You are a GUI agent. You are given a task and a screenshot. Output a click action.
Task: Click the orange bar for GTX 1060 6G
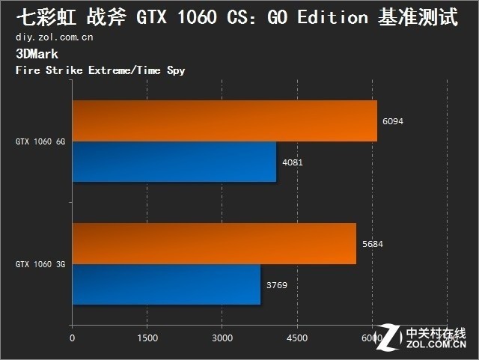coord(225,120)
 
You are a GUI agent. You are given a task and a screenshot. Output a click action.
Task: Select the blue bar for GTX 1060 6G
coord(174,162)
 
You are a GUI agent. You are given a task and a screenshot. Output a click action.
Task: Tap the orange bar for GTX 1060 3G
coord(214,243)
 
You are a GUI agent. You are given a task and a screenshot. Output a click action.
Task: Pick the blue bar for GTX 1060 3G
coord(166,284)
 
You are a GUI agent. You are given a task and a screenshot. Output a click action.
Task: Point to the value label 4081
coord(292,162)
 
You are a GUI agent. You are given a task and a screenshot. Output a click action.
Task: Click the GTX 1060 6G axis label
coord(40,141)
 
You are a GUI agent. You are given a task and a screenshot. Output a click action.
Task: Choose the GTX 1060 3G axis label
coord(40,264)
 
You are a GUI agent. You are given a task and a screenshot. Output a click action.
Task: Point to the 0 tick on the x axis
coord(72,338)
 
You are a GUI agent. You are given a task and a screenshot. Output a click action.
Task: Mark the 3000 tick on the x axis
coord(222,338)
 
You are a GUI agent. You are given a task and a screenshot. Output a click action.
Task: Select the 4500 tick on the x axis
coord(297,338)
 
